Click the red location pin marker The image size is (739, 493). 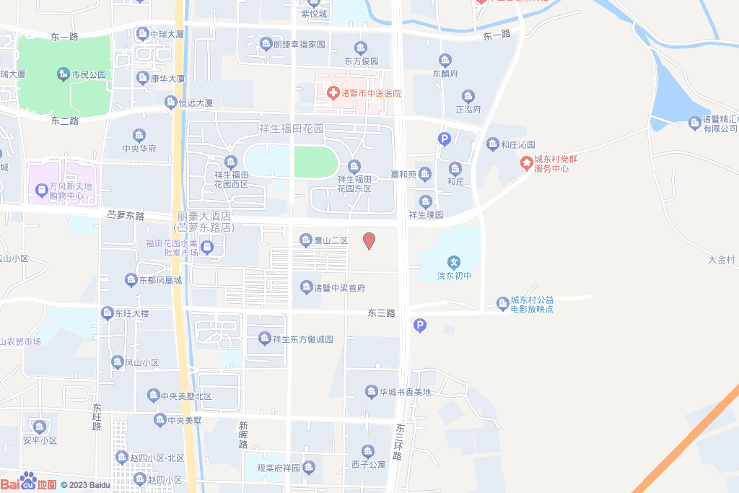coord(369,241)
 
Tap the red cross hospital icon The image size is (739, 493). coord(333,92)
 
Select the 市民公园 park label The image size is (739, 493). coord(88,74)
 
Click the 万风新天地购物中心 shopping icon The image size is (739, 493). coord(41,191)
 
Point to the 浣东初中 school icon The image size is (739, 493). coord(453,262)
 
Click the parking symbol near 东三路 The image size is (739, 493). coord(420,326)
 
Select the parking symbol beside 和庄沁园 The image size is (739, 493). coord(445,139)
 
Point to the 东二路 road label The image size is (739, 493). coord(65,121)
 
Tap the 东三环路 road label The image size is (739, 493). coord(400,442)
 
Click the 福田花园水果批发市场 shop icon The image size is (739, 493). coord(207,248)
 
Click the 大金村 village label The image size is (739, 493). coord(721,260)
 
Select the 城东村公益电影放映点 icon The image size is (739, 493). coord(502,302)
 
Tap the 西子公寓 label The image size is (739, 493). coord(369,464)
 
